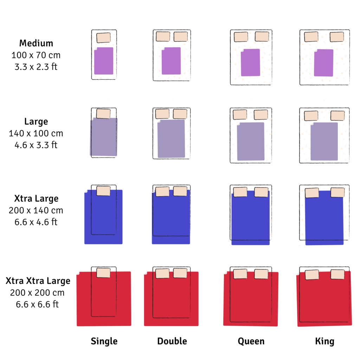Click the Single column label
(104, 341)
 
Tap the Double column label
(172, 341)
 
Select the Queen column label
(251, 341)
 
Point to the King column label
(324, 341)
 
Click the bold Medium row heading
(36, 43)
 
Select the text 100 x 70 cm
(36, 55)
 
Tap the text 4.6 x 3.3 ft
(36, 145)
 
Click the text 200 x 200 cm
(37, 293)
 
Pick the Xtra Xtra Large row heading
(38, 281)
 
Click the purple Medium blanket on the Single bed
(104, 61)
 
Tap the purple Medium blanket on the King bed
(323, 63)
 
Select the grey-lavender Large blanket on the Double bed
(171, 139)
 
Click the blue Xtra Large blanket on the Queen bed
(250, 218)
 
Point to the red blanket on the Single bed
(104, 299)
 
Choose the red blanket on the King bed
(324, 299)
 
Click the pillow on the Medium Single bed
(104, 38)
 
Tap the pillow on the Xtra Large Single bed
(103, 191)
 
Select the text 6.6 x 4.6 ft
(36, 222)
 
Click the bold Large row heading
(36, 122)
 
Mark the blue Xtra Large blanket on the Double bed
(171, 217)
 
